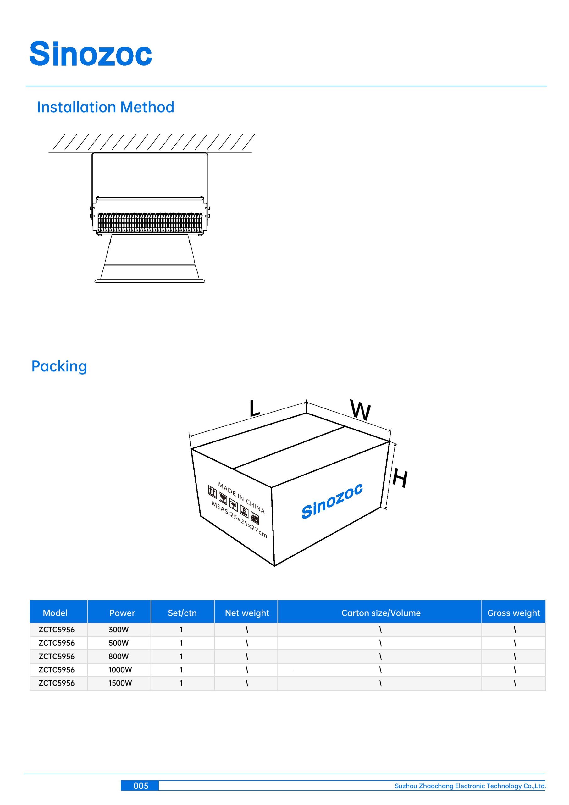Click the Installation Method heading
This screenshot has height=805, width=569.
point(106,107)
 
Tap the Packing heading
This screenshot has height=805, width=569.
point(59,366)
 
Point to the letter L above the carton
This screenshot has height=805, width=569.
point(255,408)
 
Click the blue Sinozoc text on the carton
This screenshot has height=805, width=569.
point(332,501)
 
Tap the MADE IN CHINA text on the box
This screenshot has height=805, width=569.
point(241,498)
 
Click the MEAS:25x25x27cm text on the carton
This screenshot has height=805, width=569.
point(239,519)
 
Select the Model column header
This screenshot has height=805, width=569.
point(55,613)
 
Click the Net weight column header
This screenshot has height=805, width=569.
point(247,613)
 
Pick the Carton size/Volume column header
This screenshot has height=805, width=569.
point(381,613)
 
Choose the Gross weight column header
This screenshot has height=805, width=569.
point(514,613)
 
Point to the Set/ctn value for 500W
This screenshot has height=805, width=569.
point(181,643)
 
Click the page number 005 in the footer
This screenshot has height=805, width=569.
point(141,786)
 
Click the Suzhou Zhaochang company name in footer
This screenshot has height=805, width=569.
point(470,786)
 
